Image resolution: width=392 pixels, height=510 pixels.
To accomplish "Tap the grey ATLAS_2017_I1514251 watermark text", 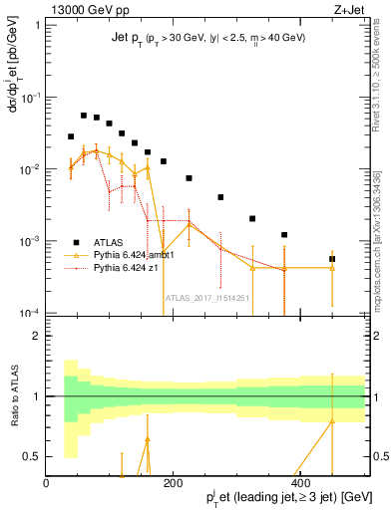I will [x=206, y=297].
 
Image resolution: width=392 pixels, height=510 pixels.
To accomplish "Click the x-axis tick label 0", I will [x=47, y=483].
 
